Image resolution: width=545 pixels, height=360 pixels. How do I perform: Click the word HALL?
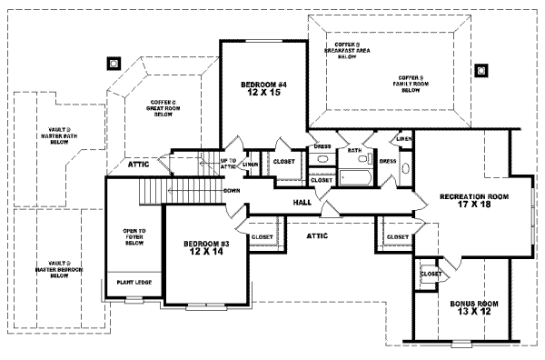(x=302, y=202)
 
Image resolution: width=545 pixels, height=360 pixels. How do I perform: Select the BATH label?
(x=354, y=150)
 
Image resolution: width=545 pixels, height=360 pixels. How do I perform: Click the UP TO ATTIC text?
(x=228, y=165)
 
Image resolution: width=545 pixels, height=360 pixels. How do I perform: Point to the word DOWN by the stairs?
(x=232, y=191)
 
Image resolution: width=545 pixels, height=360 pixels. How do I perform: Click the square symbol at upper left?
(x=114, y=64)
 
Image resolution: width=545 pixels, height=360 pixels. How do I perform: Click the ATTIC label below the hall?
(x=317, y=235)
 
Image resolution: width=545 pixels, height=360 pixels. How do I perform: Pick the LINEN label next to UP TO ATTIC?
(x=251, y=164)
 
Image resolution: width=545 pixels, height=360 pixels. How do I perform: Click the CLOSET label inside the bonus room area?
(x=431, y=274)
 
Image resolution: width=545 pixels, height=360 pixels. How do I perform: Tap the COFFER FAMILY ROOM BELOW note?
(x=410, y=84)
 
